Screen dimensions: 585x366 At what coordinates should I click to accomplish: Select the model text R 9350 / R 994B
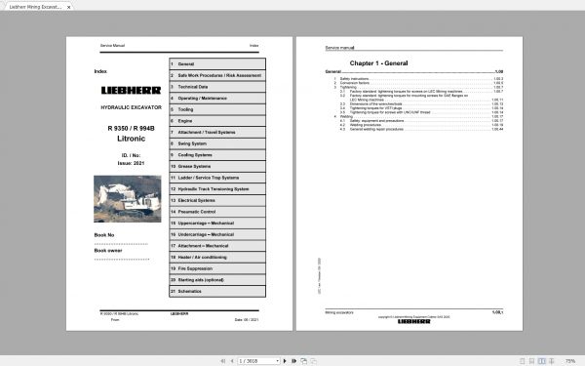(124, 129)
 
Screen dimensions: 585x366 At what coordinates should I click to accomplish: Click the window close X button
(576, 6)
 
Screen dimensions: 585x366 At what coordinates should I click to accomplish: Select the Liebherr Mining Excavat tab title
(34, 6)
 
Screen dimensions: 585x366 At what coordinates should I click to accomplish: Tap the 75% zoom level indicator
(568, 360)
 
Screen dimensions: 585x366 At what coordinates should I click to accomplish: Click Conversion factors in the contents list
(353, 81)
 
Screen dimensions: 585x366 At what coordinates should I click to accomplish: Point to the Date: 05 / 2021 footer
(247, 319)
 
